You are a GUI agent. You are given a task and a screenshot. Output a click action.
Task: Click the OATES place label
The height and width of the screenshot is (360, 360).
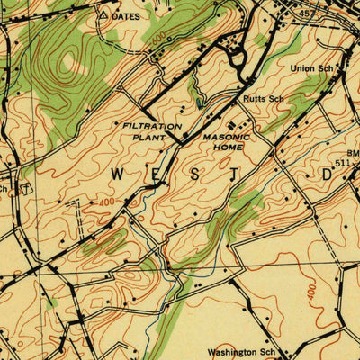(129, 15)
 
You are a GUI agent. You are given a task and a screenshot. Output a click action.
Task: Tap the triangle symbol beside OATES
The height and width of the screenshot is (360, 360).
(103, 15)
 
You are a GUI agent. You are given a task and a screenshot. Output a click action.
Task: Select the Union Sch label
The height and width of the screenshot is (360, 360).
(313, 67)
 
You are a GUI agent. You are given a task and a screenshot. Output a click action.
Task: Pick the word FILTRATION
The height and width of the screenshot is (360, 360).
(152, 127)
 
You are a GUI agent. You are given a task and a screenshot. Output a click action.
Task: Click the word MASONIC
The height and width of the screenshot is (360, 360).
(225, 139)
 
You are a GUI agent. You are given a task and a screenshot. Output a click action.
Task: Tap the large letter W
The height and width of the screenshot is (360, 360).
(118, 172)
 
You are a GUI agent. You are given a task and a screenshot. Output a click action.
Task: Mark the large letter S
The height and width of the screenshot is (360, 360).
(197, 173)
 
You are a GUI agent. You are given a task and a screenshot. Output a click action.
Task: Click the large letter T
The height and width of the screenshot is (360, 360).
(238, 174)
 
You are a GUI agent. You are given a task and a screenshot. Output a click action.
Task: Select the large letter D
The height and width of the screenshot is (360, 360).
(326, 174)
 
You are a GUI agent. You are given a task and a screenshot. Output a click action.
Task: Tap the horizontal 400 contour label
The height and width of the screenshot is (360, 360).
(105, 203)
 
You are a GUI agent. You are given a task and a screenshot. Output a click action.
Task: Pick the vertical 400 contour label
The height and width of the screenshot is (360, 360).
(310, 292)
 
